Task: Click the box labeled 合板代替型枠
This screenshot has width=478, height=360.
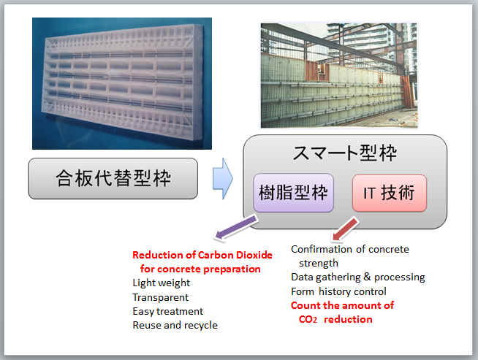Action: tap(113, 178)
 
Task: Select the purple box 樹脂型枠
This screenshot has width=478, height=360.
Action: tap(293, 193)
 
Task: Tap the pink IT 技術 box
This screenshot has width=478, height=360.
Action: tap(390, 193)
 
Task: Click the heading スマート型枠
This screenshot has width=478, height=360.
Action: tap(345, 153)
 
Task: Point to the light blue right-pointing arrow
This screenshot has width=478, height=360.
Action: tap(223, 178)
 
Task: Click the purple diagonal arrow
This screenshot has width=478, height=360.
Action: tap(236, 226)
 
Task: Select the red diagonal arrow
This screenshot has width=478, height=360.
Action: tap(345, 229)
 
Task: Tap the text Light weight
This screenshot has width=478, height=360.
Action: tap(162, 283)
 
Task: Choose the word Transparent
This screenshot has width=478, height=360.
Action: tap(161, 297)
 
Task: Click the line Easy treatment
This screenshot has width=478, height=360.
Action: tap(167, 311)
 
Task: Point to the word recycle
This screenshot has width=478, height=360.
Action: tap(201, 325)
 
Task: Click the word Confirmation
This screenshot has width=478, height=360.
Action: tap(322, 249)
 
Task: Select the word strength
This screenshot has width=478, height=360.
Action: tap(319, 263)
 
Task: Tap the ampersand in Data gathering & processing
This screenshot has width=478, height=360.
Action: tap(367, 277)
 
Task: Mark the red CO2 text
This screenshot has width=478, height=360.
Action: tap(308, 320)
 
